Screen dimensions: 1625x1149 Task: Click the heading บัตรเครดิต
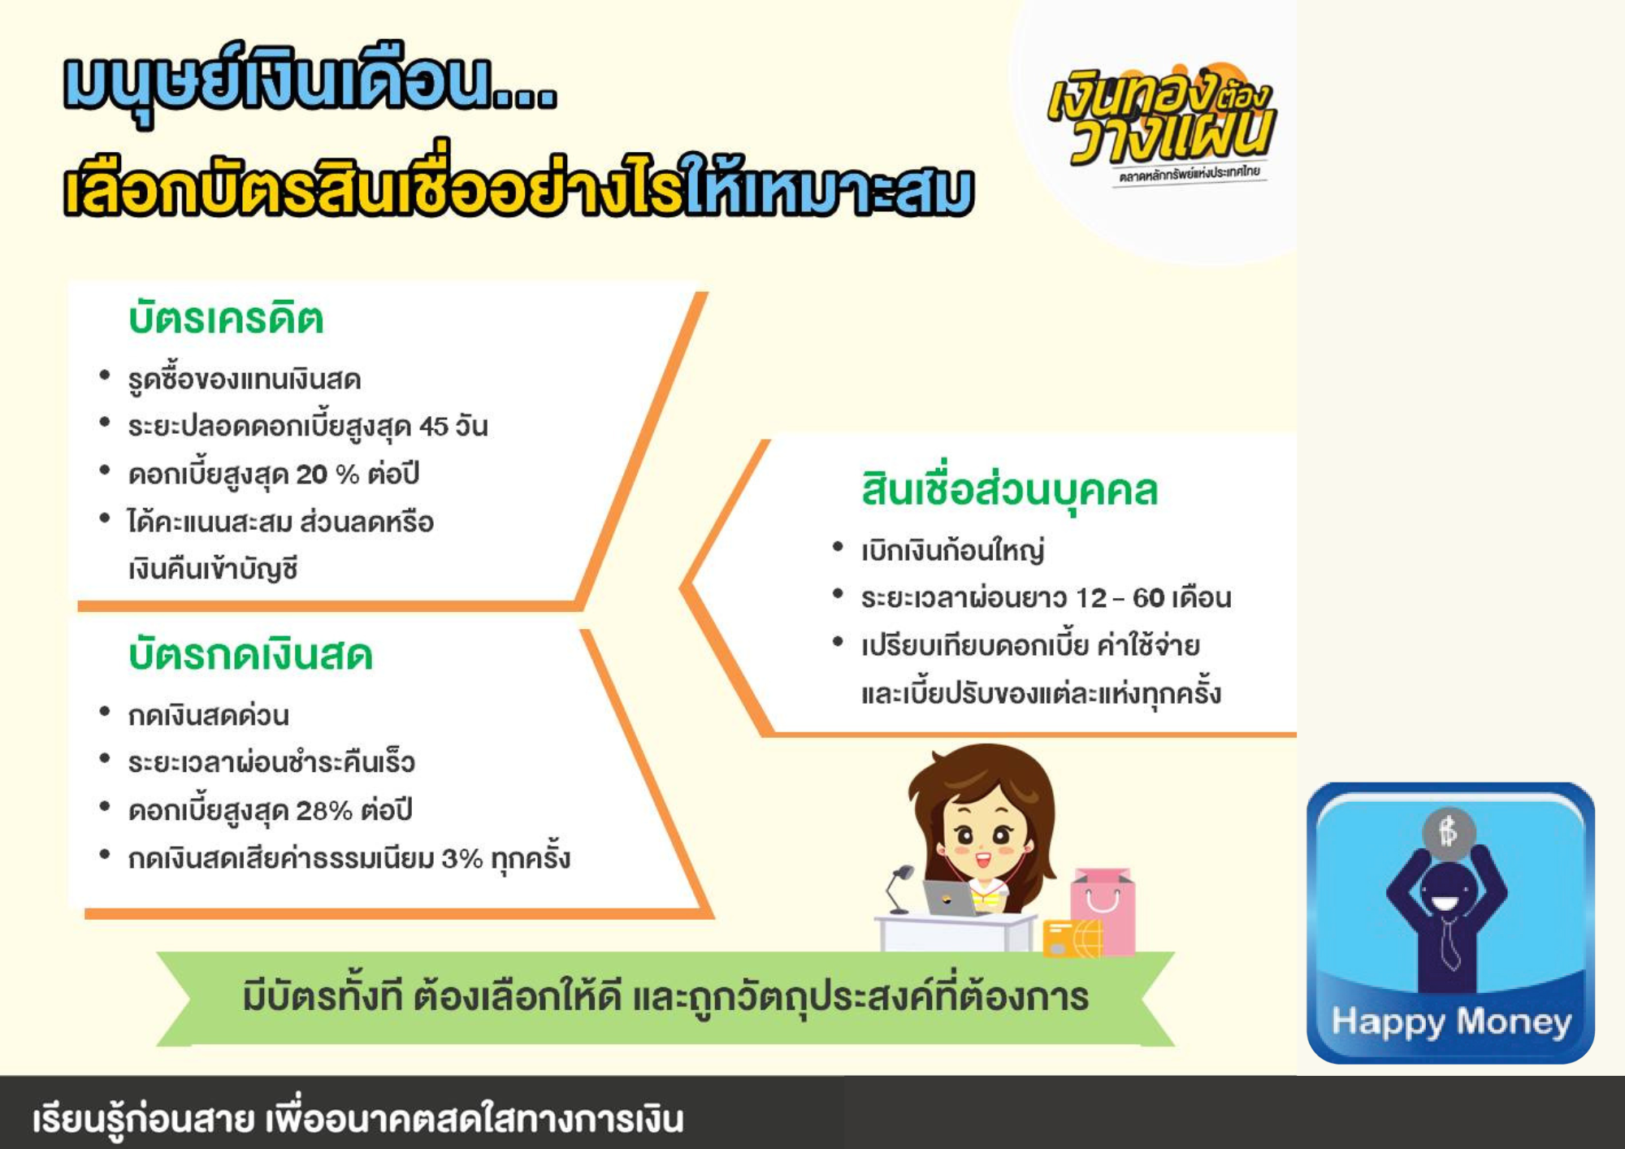226,318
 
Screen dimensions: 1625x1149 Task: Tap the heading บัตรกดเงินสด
250,654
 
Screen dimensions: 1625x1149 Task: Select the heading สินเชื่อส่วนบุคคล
1009,491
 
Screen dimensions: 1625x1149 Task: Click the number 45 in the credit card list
434,427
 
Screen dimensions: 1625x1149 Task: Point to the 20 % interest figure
327,474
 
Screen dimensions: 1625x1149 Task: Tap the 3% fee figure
462,858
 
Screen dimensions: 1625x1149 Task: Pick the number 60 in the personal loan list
1148,598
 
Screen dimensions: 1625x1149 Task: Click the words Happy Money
1451,1022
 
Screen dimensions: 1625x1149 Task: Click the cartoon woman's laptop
951,897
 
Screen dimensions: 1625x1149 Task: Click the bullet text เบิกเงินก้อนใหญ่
952,551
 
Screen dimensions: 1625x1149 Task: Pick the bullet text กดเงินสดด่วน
208,715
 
